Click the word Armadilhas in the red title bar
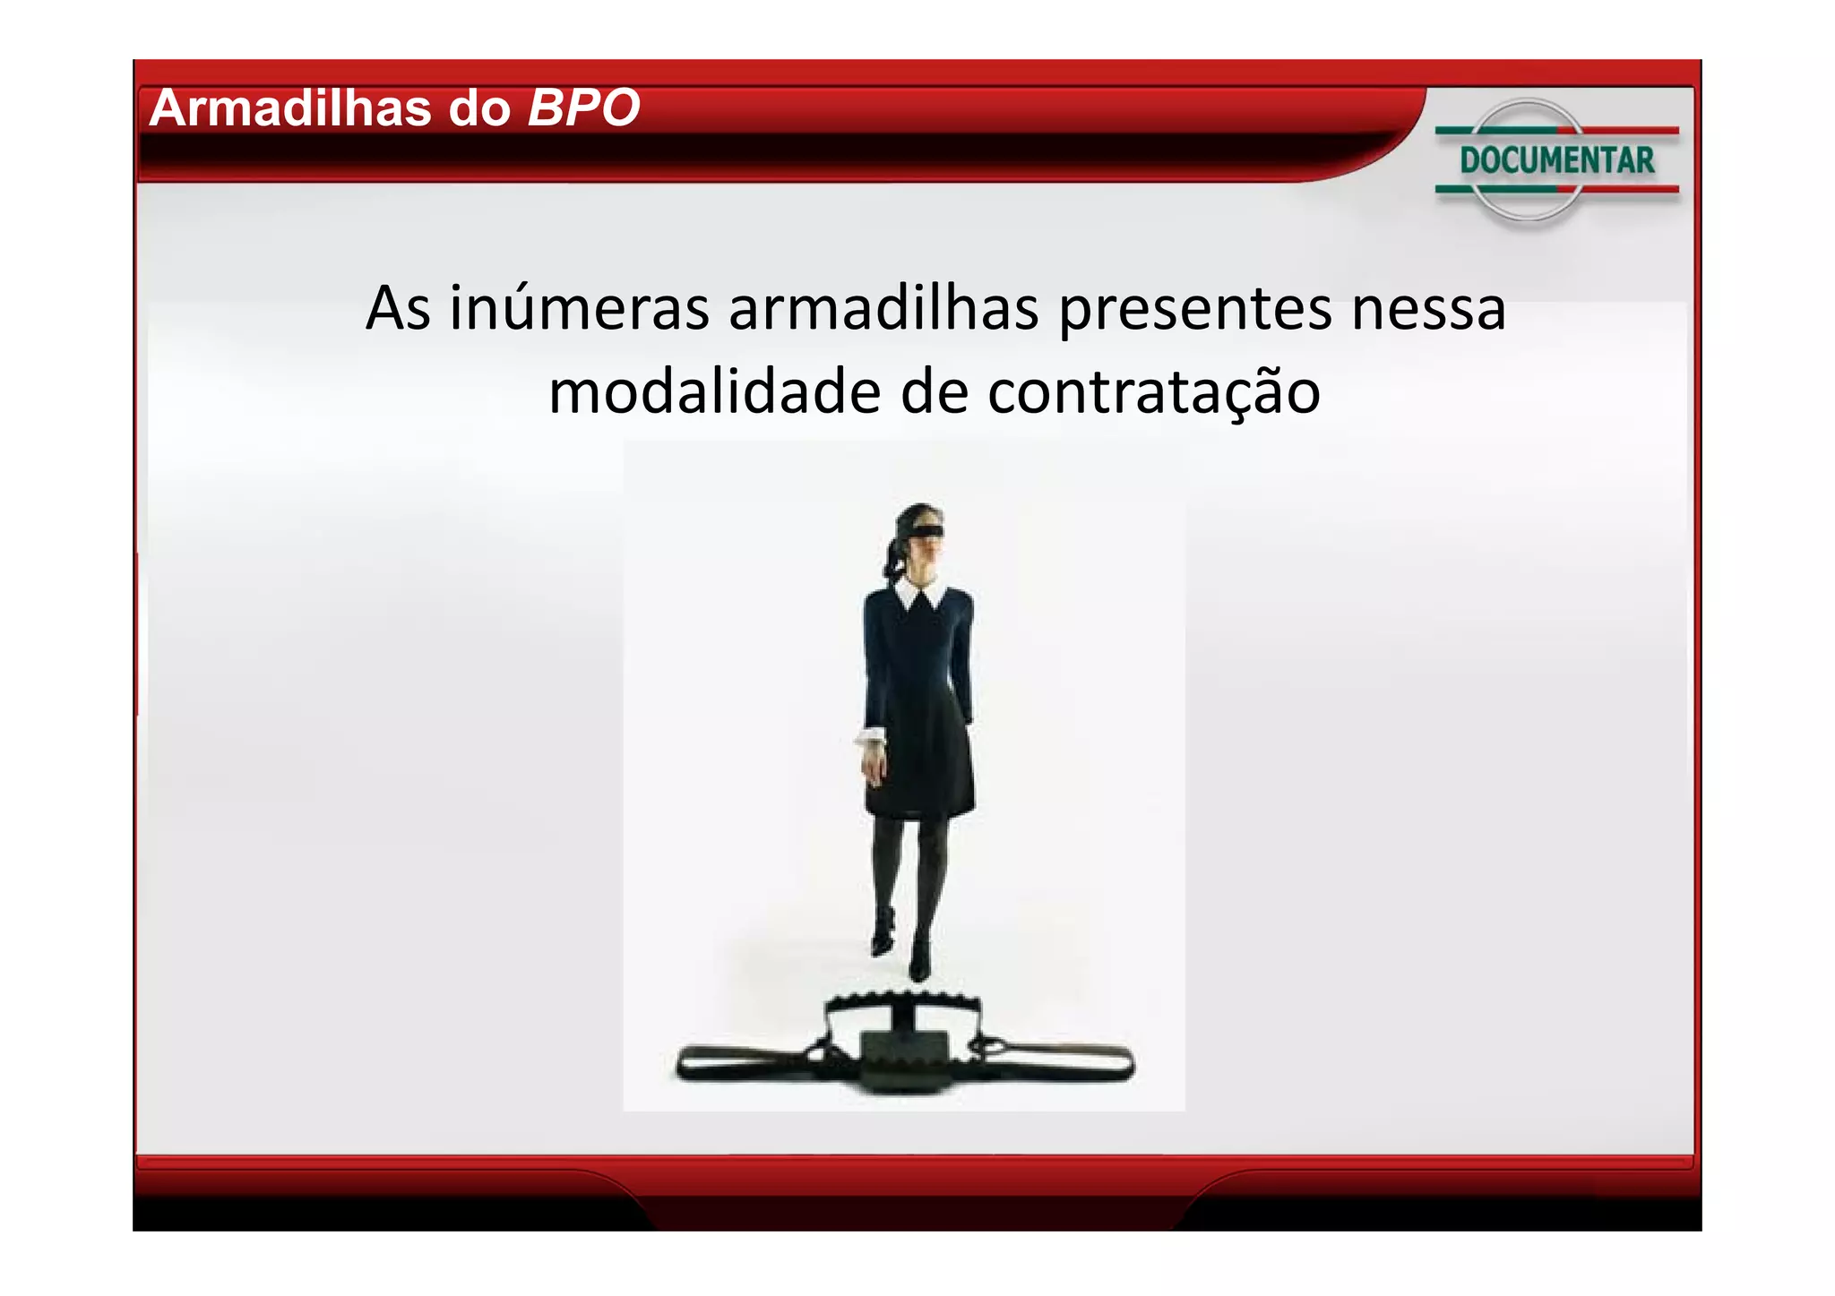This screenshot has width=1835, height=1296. (x=290, y=108)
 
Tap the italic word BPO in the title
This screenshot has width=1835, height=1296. (x=583, y=108)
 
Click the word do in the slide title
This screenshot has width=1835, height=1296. (x=479, y=108)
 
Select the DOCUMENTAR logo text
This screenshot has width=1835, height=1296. (x=1556, y=160)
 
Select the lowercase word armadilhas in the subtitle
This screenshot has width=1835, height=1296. (x=883, y=308)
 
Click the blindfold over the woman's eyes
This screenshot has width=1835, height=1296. (x=920, y=535)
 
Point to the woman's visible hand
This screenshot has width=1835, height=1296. (x=871, y=767)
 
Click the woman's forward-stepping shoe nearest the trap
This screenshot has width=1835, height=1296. (x=919, y=963)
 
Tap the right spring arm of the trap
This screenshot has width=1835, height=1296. (x=1062, y=1062)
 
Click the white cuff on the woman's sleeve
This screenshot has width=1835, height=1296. (x=868, y=736)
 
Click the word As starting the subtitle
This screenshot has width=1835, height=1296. (x=398, y=308)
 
